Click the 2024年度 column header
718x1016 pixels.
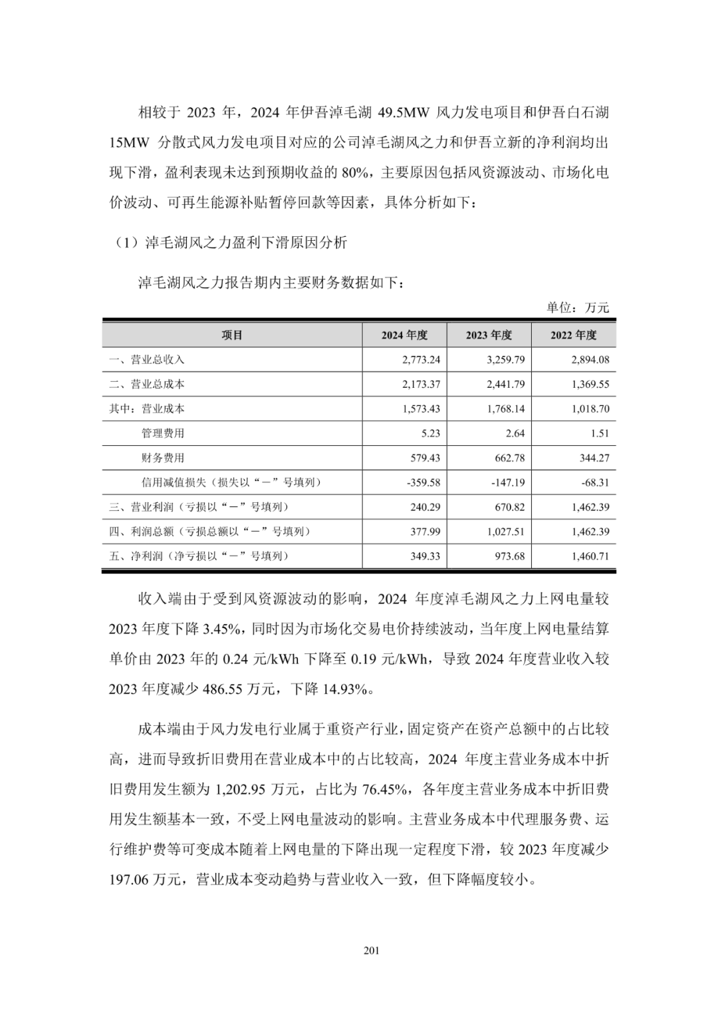click(x=404, y=335)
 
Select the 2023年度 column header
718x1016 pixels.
click(x=489, y=335)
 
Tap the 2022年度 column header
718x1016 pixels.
click(x=573, y=335)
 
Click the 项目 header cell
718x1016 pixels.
click(x=232, y=335)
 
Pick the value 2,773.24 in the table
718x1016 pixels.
click(x=421, y=360)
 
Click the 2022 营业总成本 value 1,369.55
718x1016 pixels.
click(x=590, y=385)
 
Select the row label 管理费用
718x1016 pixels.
click(x=163, y=433)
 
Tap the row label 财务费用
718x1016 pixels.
click(x=163, y=458)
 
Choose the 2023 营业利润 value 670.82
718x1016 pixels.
click(x=509, y=507)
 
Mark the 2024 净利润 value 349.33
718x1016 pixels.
click(x=425, y=556)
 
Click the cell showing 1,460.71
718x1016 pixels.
click(x=590, y=556)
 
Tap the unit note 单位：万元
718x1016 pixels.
click(x=577, y=307)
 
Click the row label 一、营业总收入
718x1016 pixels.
click(x=147, y=360)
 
